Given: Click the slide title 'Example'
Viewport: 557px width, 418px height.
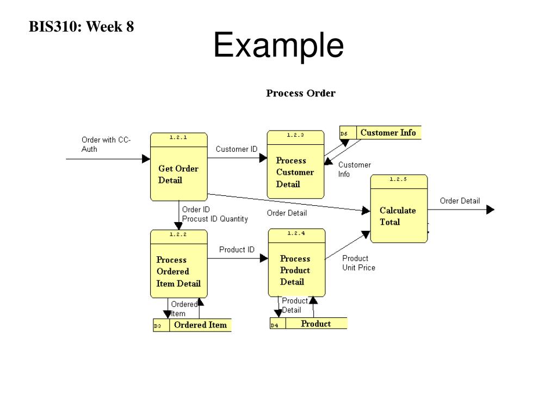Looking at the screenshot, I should tap(278, 46).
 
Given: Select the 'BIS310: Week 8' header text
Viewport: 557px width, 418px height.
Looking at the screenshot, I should tap(82, 26).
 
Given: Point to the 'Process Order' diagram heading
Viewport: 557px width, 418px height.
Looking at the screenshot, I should tap(300, 93).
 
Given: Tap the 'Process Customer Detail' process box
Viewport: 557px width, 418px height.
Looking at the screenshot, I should tap(295, 171).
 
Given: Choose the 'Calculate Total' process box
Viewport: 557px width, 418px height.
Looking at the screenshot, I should tap(398, 216).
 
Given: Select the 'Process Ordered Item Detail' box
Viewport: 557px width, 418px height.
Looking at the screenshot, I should tap(178, 271).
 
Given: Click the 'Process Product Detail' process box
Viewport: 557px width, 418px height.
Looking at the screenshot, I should tap(296, 269).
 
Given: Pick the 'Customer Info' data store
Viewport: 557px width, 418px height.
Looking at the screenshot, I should tap(388, 132).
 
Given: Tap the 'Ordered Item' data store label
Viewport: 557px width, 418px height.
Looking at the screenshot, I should tap(200, 325).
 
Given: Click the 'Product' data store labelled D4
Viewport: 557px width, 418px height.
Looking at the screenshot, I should tap(315, 324).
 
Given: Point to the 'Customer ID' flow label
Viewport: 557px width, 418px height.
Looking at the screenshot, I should tap(237, 149).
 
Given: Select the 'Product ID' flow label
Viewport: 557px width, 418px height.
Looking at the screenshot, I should tap(237, 249).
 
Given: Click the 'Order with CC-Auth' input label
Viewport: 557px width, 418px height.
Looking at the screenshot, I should tap(106, 144).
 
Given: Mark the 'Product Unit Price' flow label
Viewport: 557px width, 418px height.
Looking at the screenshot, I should tap(358, 263).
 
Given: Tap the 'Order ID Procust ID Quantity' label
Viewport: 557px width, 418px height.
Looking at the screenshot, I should tap(214, 214).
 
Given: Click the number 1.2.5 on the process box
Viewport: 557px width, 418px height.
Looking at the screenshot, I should tap(399, 179).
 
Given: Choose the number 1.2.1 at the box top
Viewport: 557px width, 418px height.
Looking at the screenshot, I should tap(178, 138).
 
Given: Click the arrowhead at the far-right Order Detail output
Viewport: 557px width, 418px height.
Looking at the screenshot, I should tap(490, 210).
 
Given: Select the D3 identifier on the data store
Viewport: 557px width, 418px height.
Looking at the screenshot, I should tap(158, 327).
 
